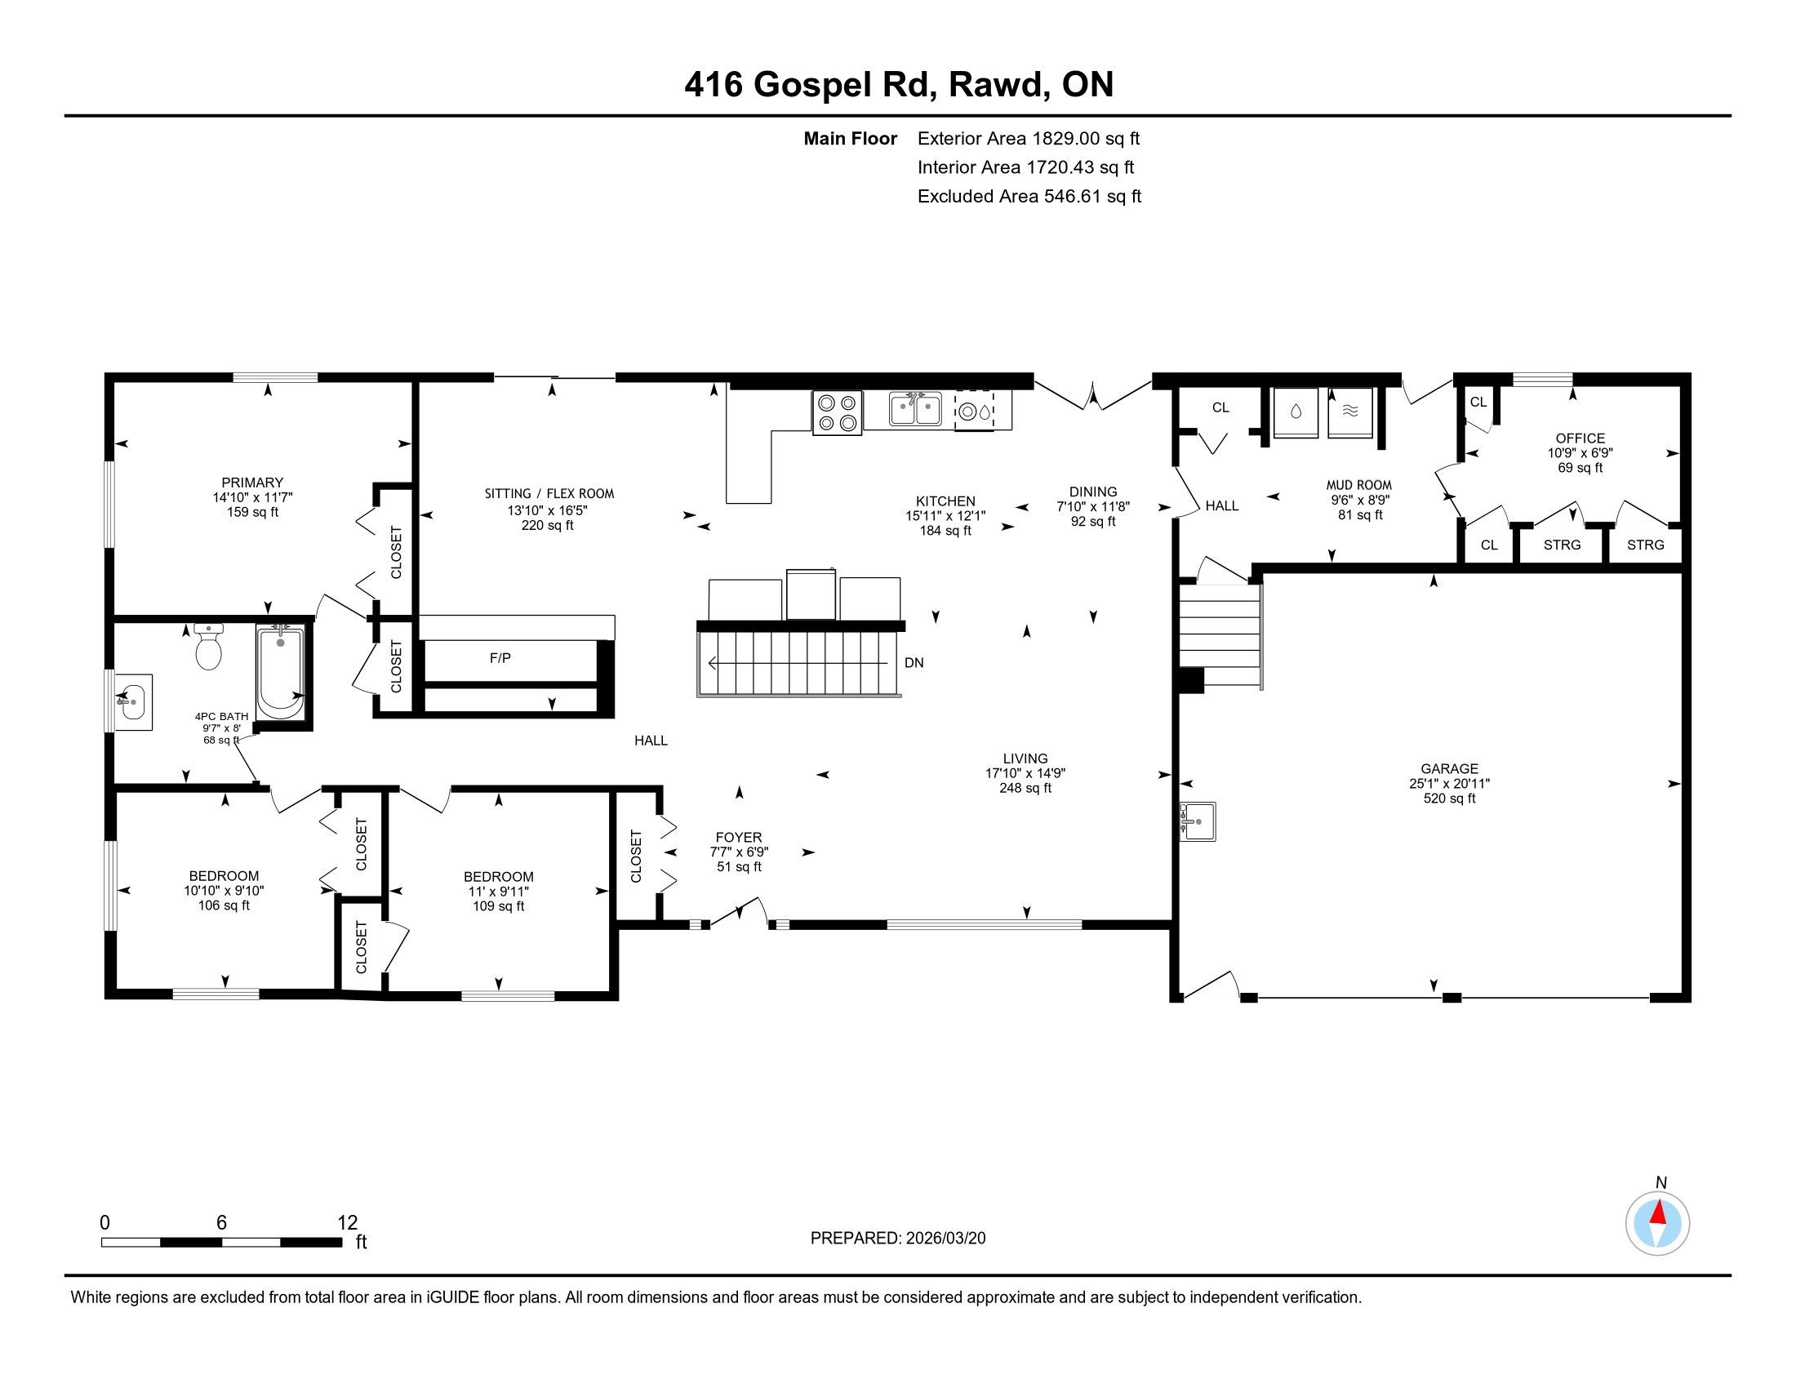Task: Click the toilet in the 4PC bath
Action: pos(209,647)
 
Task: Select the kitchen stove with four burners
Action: pos(837,413)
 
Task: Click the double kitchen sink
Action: pos(915,410)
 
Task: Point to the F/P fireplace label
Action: pos(500,658)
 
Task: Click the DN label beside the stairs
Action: pos(914,662)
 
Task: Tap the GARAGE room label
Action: pos(1449,769)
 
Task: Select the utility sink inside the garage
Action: pos(1198,821)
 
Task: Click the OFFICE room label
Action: pos(1580,438)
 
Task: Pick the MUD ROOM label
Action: pos(1359,485)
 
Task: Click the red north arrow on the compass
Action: pos(1658,1213)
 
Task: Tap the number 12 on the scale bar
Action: pos(348,1222)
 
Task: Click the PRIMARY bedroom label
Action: pos(252,483)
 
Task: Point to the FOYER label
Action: pos(739,837)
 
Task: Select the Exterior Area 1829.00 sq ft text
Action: pos(1029,138)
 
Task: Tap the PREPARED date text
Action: pos(898,1238)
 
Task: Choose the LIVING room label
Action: pos(1025,759)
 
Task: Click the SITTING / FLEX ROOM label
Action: pos(549,493)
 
